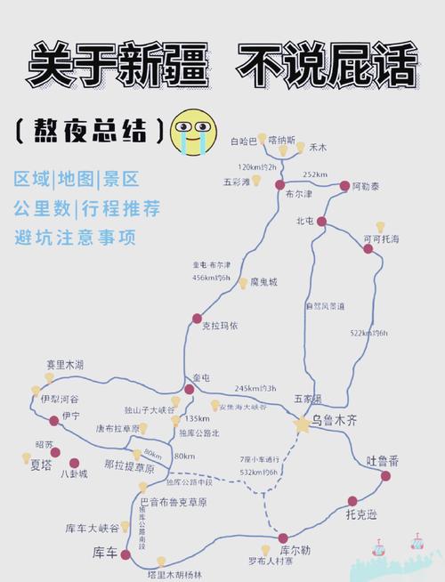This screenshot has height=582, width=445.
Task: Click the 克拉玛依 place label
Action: pyautogui.click(x=220, y=326)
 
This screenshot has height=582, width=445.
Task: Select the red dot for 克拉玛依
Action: pyautogui.click(x=197, y=318)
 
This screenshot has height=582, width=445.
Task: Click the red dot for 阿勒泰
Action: pyautogui.click(x=345, y=185)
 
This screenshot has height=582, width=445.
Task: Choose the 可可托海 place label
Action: pyautogui.click(x=381, y=239)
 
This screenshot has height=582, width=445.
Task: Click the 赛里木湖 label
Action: pyautogui.click(x=65, y=365)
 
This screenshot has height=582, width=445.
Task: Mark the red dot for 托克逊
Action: pyautogui.click(x=352, y=501)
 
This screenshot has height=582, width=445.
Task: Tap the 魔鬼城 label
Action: pyautogui.click(x=263, y=282)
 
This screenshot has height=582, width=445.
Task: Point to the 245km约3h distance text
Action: pyautogui.click(x=255, y=388)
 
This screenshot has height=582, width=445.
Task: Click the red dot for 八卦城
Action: pyautogui.click(x=74, y=463)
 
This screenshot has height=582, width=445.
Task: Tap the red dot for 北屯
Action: pyautogui.click(x=321, y=221)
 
